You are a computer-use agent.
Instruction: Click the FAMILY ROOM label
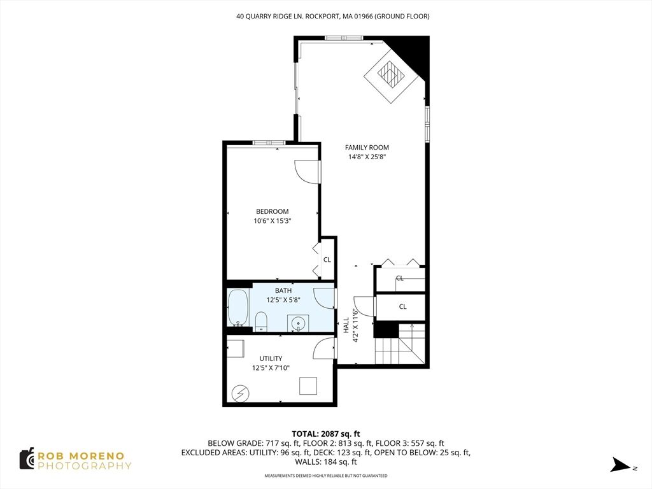tap(367, 147)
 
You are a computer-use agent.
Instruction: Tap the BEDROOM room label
tap(272, 211)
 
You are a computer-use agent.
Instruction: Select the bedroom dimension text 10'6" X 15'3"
tap(272, 221)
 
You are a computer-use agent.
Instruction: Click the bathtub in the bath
tap(238, 308)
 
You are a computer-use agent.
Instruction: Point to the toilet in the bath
tap(260, 321)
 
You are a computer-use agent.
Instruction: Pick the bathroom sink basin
tap(298, 323)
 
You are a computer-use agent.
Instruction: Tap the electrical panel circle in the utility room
tap(240, 393)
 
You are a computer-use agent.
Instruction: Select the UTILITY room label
tap(271, 358)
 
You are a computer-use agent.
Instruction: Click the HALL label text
tap(346, 325)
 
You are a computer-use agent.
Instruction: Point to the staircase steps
tap(400, 344)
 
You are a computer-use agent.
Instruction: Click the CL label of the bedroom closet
tap(327, 260)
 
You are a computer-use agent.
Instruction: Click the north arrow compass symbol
tap(622, 465)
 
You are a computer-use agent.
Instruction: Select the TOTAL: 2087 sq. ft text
tap(325, 434)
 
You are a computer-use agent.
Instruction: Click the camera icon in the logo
tap(27, 459)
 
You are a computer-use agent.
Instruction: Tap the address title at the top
tap(332, 16)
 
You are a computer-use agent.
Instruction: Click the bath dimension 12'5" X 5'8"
tap(283, 300)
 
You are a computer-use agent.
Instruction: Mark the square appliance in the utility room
tap(308, 386)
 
